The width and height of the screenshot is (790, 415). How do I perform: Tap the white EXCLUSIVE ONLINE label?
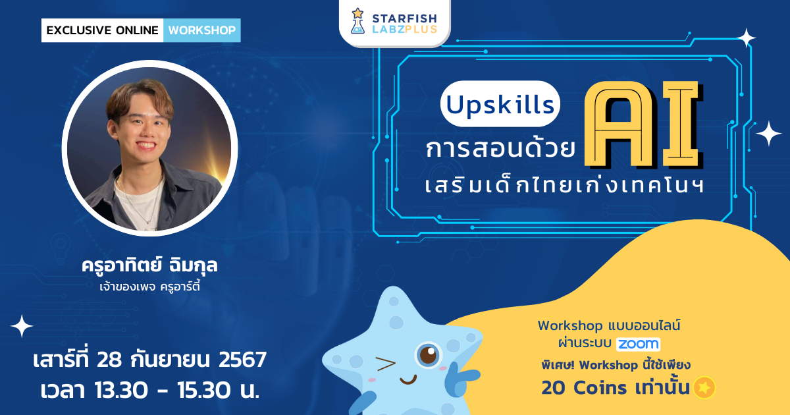pyautogui.click(x=102, y=30)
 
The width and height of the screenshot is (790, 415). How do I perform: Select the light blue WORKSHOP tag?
pyautogui.click(x=201, y=30)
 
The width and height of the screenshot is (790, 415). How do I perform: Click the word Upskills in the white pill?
pyautogui.click(x=499, y=103)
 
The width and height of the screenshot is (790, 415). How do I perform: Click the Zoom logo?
pyautogui.click(x=638, y=343)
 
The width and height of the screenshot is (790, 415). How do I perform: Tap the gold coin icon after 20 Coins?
pyautogui.click(x=703, y=387)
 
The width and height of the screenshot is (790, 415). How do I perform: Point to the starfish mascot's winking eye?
pyautogui.click(x=385, y=362)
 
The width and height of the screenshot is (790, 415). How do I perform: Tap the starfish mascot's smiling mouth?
pyautogui.click(x=408, y=379)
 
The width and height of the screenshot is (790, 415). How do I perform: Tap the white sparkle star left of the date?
pyautogui.click(x=22, y=326)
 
